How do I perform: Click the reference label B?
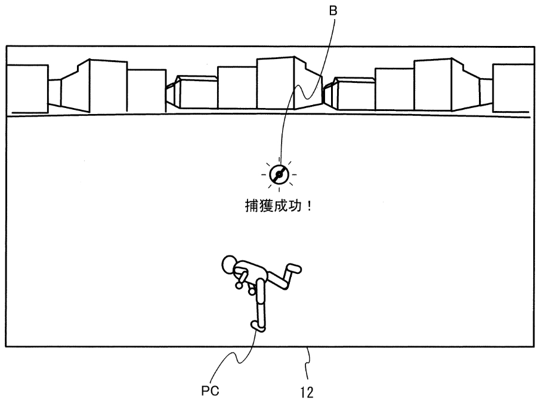(333, 11)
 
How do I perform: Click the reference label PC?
(210, 391)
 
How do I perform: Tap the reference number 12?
(307, 393)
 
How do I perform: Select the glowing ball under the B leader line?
(279, 175)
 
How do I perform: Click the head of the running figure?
(229, 265)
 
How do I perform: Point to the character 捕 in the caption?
(252, 206)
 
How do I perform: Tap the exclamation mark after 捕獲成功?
(309, 206)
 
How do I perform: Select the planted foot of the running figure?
(257, 326)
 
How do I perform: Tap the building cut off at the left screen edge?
(27, 89)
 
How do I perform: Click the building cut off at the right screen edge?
(513, 88)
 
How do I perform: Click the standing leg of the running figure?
(261, 304)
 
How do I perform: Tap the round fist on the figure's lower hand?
(252, 292)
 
